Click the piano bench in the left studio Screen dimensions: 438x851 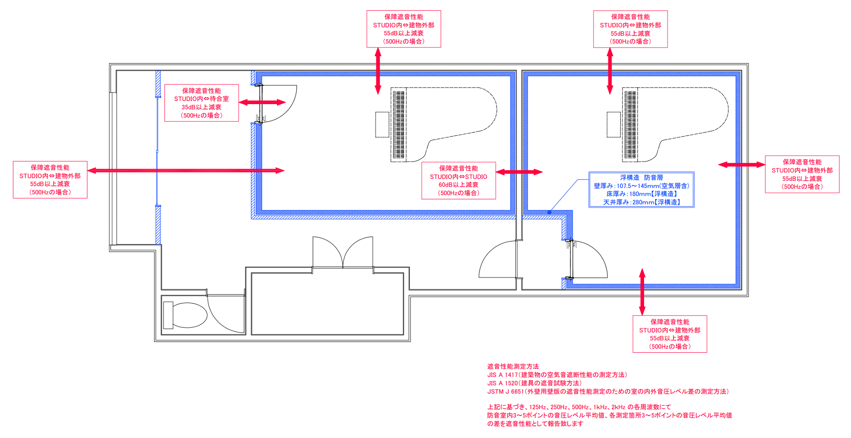pyautogui.click(x=382, y=124)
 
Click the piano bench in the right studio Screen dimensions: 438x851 pyautogui.click(x=614, y=124)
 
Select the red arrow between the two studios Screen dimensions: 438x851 pyautogui.click(x=519, y=172)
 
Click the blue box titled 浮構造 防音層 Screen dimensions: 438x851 pyautogui.click(x=641, y=189)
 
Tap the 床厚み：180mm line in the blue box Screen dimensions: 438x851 pyautogui.click(x=641, y=194)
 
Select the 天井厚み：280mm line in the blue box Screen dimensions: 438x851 pyautogui.click(x=641, y=202)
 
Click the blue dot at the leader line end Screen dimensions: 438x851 pyautogui.click(x=549, y=212)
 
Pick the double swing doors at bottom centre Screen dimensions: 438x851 pyautogui.click(x=343, y=254)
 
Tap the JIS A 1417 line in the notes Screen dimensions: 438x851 pyautogui.click(x=557, y=375)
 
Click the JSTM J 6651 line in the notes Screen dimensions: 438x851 pyautogui.click(x=608, y=391)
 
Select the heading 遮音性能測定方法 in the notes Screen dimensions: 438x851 pyautogui.click(x=513, y=367)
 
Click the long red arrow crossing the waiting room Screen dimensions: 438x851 pyautogui.click(x=186, y=171)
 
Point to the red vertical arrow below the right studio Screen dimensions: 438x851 pyautogui.click(x=642, y=292)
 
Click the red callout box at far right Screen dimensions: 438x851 pyautogui.click(x=802, y=175)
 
